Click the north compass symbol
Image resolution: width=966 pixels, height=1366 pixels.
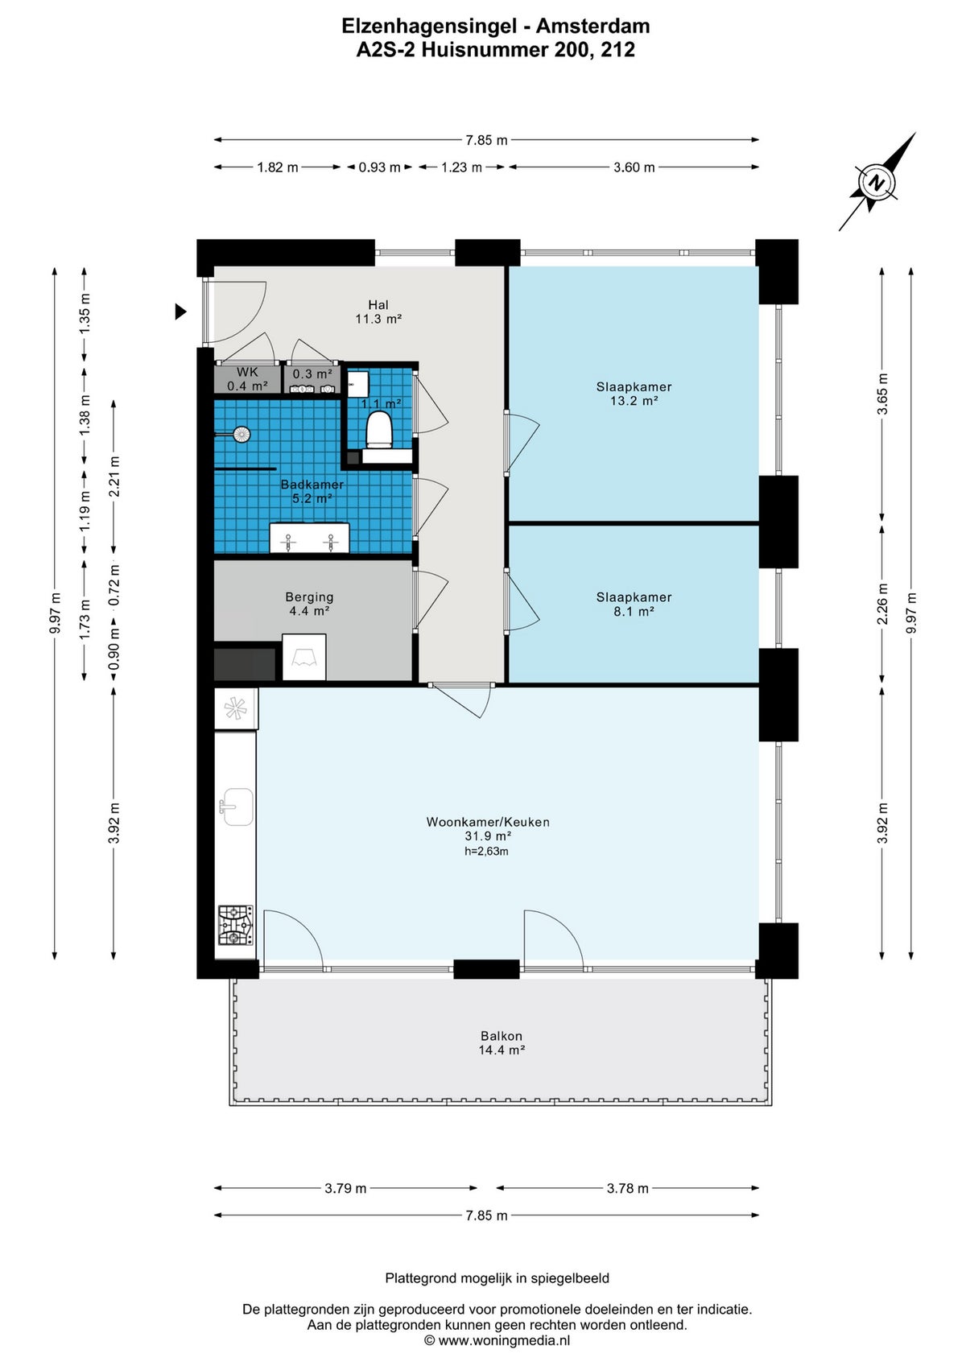877,183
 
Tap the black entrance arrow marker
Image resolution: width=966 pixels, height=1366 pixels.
180,312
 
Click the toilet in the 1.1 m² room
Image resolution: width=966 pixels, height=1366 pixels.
378,429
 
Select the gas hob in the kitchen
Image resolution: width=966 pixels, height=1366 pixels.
235,925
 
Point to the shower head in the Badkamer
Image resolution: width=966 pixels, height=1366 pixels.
241,435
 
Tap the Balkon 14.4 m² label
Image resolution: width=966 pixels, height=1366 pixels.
502,1043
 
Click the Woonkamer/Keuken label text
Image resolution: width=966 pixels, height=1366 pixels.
488,822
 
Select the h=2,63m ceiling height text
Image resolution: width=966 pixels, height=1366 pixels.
486,851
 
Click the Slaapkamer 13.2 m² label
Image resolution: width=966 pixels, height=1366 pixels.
634,394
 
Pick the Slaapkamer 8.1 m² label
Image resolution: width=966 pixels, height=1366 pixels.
634,604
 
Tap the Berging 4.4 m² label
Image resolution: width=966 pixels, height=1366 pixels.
309,604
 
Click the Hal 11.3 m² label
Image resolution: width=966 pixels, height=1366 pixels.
378,312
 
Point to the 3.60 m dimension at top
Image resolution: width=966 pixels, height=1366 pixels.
634,167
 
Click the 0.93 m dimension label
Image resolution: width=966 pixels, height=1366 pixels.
379,167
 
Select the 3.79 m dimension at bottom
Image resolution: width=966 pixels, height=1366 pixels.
345,1188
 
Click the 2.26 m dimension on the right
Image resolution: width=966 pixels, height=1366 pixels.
882,604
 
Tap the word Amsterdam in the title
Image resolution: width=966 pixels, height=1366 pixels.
593,26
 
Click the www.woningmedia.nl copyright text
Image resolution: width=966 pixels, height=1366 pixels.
497,1340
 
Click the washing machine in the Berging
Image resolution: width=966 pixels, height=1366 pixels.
304,657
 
